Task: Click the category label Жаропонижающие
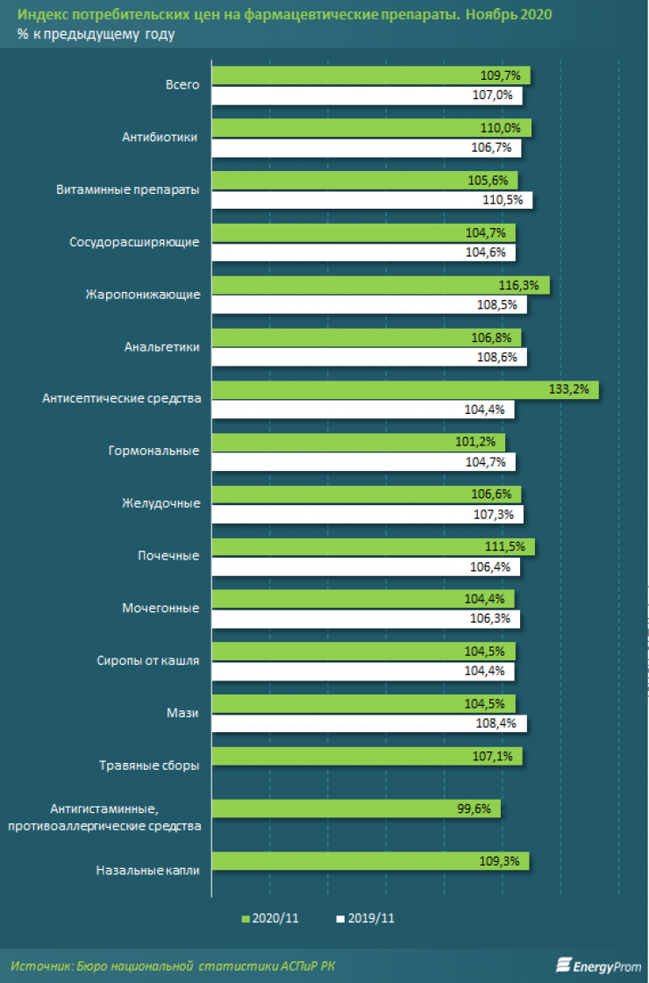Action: (x=143, y=295)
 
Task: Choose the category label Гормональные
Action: (x=153, y=452)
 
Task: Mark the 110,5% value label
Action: (x=508, y=200)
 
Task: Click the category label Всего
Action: (x=182, y=85)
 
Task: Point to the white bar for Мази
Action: (x=369, y=723)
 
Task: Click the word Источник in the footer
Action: (x=39, y=965)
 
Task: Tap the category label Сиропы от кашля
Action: (x=148, y=661)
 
